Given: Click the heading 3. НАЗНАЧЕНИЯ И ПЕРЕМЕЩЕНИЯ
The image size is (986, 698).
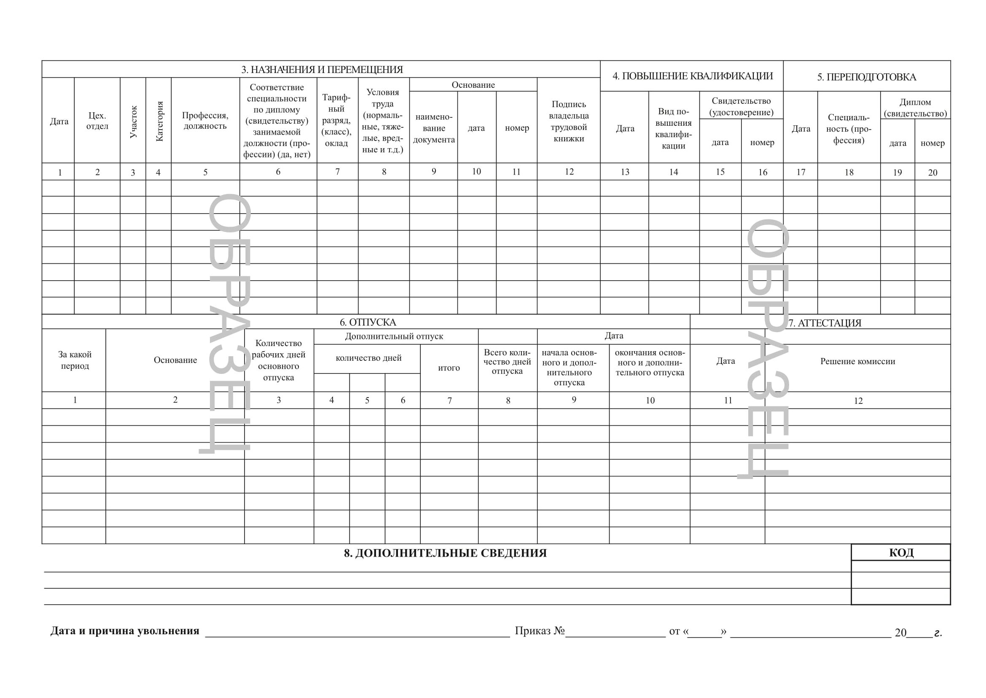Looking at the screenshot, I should (x=322, y=70).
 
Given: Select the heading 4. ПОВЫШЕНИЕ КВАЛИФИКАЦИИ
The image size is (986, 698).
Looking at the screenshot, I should (x=692, y=76).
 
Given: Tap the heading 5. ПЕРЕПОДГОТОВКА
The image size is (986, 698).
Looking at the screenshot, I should (x=866, y=77).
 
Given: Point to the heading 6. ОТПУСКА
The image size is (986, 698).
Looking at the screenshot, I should (x=368, y=322).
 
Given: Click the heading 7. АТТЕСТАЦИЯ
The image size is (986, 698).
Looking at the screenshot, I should (x=825, y=323).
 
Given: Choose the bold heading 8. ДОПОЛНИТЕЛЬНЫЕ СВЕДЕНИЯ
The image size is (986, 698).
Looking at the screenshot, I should (x=445, y=553).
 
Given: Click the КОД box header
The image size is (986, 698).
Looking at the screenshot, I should (x=901, y=553).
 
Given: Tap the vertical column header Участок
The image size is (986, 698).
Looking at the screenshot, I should (x=133, y=122).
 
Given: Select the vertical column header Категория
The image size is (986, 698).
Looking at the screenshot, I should (x=159, y=121).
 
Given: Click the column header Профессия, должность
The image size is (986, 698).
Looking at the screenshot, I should (x=205, y=121).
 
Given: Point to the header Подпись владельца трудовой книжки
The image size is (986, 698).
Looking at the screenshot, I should (x=569, y=121).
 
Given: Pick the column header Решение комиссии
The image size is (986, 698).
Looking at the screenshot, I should (x=857, y=362).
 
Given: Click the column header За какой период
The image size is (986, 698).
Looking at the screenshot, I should (x=75, y=360).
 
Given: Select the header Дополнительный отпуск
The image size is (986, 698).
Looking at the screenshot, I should (x=394, y=336).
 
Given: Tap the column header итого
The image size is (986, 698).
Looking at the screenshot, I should (x=449, y=368).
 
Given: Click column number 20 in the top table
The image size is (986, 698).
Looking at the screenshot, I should (x=932, y=173).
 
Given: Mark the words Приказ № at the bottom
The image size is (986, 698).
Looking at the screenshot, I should (x=540, y=631).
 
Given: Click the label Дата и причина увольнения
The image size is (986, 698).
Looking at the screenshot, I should (x=125, y=631).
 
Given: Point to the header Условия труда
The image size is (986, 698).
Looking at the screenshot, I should (x=383, y=121).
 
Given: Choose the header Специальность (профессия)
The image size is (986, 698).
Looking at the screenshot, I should (x=849, y=129).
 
